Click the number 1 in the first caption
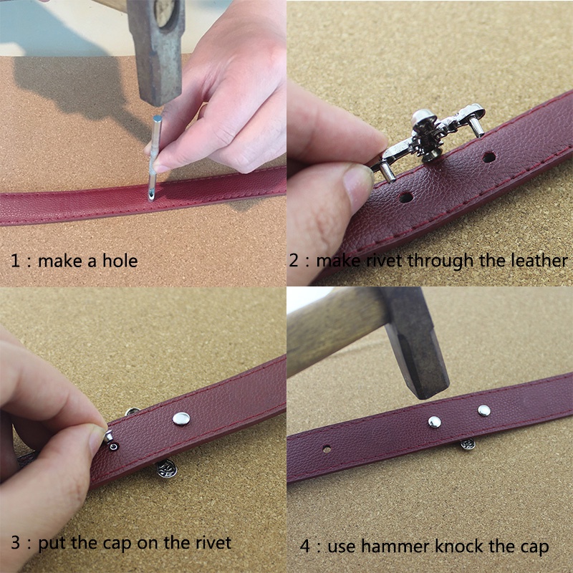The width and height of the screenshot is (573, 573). point(15,261)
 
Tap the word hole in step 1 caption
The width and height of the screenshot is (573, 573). point(120,261)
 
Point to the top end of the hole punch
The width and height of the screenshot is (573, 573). point(158,118)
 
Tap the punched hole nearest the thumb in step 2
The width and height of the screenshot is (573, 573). point(405,198)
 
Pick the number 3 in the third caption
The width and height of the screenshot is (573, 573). point(15,542)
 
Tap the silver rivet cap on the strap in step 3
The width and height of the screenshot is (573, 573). point(181,419)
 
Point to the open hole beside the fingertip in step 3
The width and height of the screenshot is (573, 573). point(114,446)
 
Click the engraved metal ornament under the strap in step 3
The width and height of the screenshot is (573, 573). point(167,469)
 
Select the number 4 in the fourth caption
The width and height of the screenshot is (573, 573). point(305,546)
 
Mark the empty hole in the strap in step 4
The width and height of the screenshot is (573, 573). point(327,449)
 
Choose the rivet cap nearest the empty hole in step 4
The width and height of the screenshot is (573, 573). point(435,422)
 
